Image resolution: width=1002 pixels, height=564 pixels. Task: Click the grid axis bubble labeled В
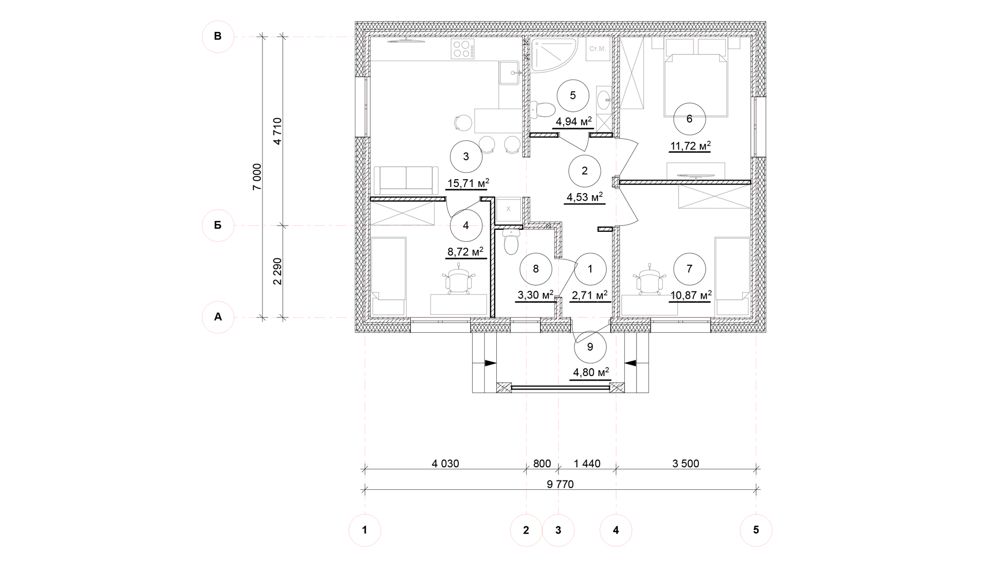tap(218, 37)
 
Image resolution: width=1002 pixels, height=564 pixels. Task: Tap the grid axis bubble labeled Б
tap(218, 226)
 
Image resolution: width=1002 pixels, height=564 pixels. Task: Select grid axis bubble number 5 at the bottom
tap(756, 530)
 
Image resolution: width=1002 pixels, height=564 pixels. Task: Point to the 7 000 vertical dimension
tap(257, 177)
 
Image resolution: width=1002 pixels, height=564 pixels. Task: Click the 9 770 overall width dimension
tap(560, 484)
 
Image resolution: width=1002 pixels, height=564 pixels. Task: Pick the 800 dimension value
tap(542, 464)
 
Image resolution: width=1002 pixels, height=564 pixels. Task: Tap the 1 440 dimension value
tap(587, 464)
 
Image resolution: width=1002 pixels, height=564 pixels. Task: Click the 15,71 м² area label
tap(468, 183)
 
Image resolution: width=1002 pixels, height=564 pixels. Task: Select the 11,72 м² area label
tap(690, 146)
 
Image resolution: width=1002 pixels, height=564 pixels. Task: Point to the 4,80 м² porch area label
tap(591, 373)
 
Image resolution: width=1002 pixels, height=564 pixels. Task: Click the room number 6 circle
tap(689, 119)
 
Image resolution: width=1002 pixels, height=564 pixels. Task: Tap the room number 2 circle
tap(584, 171)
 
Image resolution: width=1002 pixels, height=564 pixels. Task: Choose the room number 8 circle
tap(536, 269)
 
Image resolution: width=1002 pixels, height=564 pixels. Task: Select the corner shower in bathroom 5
tap(553, 53)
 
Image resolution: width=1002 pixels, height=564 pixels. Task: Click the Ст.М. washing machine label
tap(597, 49)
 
